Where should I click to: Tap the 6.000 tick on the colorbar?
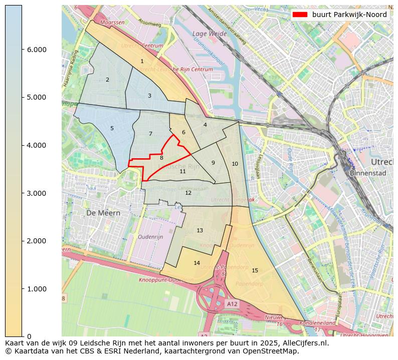[33, 50]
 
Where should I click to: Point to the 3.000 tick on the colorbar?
[33, 193]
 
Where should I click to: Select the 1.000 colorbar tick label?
[33, 289]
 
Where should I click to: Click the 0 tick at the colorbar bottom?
[30, 336]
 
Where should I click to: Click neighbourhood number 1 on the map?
[142, 62]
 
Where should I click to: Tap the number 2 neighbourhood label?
[107, 80]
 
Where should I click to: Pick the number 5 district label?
[112, 129]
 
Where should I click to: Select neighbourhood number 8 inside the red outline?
[161, 158]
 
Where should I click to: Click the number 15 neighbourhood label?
[255, 271]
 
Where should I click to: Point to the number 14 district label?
[196, 263]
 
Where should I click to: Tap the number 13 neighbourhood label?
[200, 231]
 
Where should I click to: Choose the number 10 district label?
[235, 164]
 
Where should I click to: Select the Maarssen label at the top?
[112, 23]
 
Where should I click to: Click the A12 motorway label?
[232, 304]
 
